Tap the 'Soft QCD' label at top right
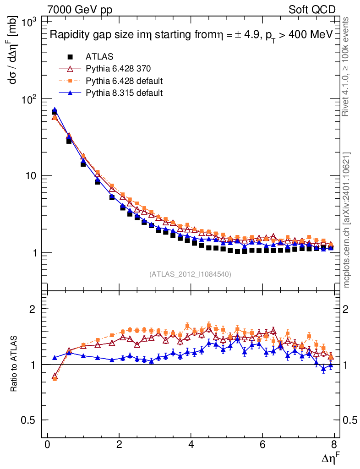pos(312,10)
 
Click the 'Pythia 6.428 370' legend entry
pos(118,69)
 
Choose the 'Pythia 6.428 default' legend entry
pos(124,81)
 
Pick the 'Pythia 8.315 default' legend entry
pos(124,93)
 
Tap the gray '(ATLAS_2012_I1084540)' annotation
pos(190,274)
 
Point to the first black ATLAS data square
pos(55,112)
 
